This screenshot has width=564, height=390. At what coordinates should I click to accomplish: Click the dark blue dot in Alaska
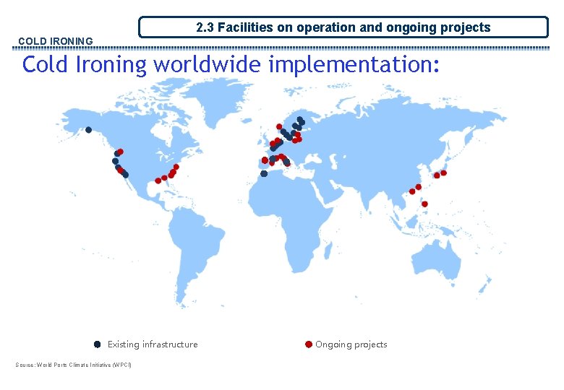(88, 130)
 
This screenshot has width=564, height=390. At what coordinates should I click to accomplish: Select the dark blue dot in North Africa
(264, 173)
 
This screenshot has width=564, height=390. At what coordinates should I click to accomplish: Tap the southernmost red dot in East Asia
(424, 204)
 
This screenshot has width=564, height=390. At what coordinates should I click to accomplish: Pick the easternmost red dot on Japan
(443, 173)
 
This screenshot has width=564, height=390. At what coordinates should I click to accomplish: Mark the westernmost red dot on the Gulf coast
(158, 181)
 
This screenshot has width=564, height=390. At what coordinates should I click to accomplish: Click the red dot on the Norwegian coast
(279, 126)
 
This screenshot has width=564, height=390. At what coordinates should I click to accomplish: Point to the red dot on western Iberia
(265, 160)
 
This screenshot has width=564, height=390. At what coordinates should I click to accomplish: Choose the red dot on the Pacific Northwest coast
(120, 152)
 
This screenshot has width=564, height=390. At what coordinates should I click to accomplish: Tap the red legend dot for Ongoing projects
(309, 344)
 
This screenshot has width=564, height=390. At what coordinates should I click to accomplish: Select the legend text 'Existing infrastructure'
(153, 344)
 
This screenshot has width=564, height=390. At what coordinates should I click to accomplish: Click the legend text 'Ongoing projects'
(351, 344)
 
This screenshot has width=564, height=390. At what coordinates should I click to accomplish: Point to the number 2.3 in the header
(205, 27)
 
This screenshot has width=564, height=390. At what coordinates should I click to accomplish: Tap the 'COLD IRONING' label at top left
(55, 41)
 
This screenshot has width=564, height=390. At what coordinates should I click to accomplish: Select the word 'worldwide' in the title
(207, 64)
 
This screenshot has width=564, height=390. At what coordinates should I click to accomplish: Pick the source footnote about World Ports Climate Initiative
(74, 364)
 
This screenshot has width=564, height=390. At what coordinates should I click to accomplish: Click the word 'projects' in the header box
(466, 27)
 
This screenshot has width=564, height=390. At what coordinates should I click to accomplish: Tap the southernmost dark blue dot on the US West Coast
(125, 175)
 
